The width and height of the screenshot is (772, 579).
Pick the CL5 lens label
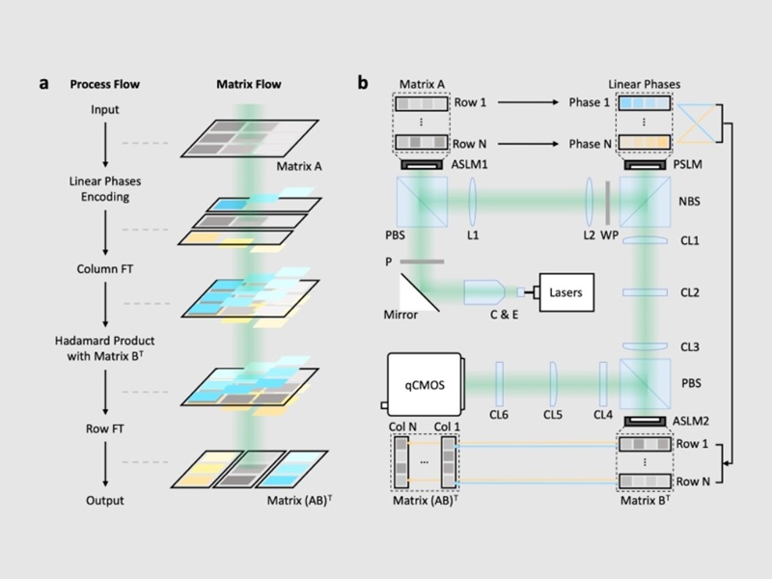click(x=551, y=416)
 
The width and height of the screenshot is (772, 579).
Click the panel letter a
click(x=43, y=83)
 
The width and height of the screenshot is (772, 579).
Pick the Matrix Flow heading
click(x=248, y=84)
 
